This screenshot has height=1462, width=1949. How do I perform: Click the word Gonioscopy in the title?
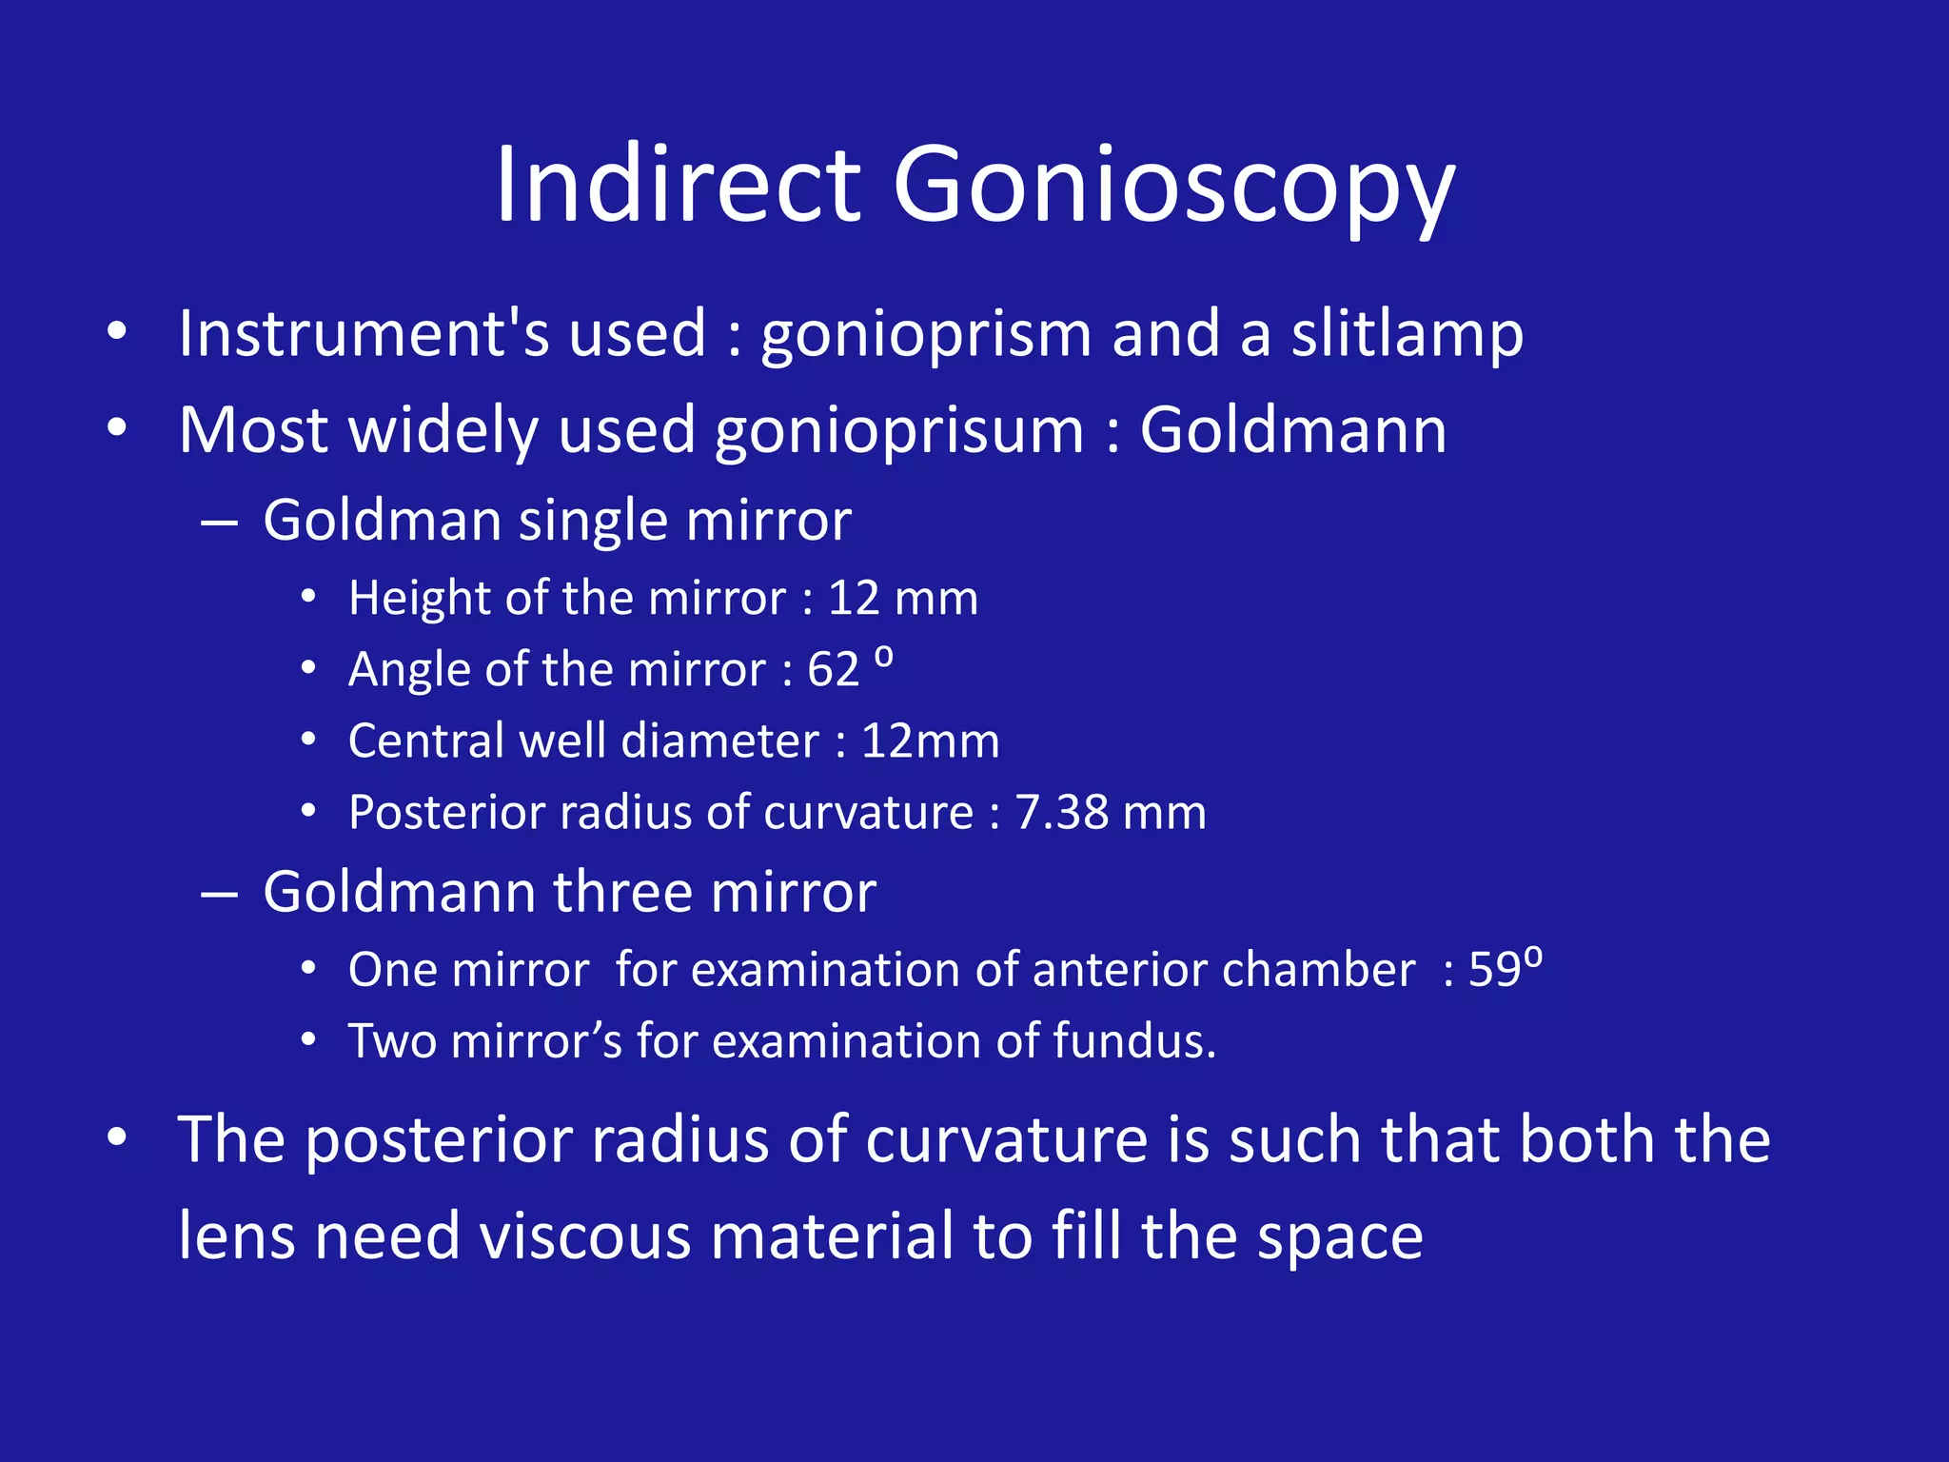pos(1172,187)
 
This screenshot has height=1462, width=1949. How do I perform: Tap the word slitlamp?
pos(1407,335)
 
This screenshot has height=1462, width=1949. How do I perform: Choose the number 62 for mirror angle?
pos(833,669)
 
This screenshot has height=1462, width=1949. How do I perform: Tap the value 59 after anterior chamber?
pos(1494,970)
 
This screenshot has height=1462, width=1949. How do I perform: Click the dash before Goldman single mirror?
pos(220,523)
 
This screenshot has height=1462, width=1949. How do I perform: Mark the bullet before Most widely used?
pos(116,429)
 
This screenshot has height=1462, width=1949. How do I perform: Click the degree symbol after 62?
pos(883,657)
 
